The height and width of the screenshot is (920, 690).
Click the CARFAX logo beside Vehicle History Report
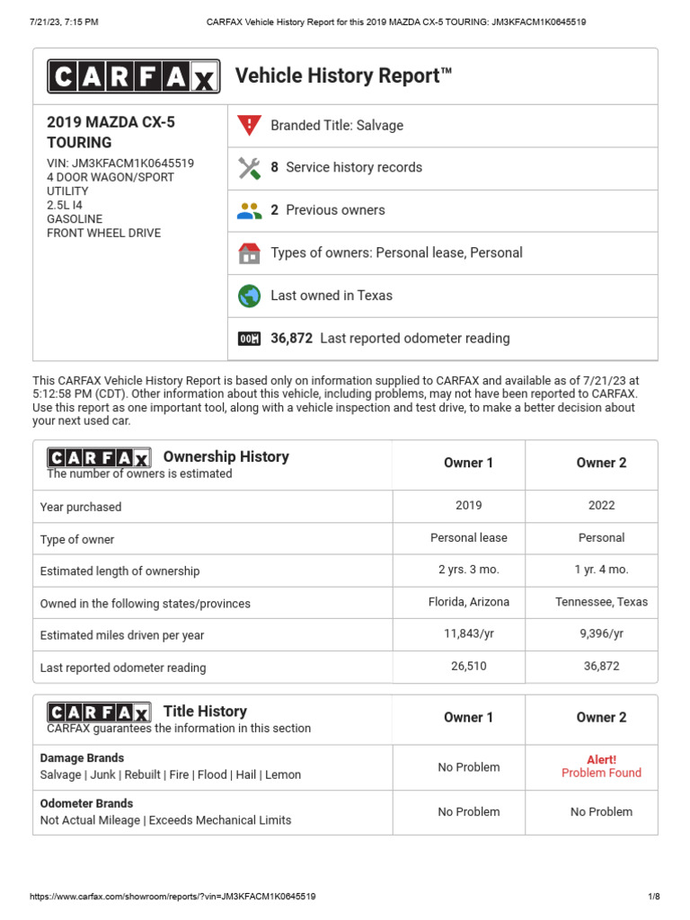point(133,76)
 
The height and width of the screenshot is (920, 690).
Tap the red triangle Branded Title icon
point(249,126)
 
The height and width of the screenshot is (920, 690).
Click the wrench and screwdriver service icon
point(249,168)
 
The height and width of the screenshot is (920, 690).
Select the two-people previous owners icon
point(249,210)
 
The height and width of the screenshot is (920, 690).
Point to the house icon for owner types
point(249,253)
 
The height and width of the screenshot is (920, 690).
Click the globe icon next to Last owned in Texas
point(249,296)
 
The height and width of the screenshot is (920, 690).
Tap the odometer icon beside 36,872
point(249,339)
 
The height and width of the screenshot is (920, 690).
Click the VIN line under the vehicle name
point(119,164)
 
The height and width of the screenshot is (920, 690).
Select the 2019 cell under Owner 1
point(468,506)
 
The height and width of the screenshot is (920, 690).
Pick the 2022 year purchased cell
point(601,506)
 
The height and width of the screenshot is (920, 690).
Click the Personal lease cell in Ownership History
point(468,538)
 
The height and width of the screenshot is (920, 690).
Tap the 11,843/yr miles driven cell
point(468,633)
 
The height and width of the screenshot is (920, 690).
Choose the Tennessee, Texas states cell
point(601,602)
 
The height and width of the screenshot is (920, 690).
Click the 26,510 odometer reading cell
point(468,667)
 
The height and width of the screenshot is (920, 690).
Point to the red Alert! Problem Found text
point(601,766)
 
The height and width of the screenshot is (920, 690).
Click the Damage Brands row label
point(83,758)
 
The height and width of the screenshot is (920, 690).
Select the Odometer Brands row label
point(87,803)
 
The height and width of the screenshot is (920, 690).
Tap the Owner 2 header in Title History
point(601,718)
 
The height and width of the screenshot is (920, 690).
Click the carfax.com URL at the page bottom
point(172,897)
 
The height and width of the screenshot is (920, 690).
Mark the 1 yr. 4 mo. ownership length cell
point(601,570)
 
